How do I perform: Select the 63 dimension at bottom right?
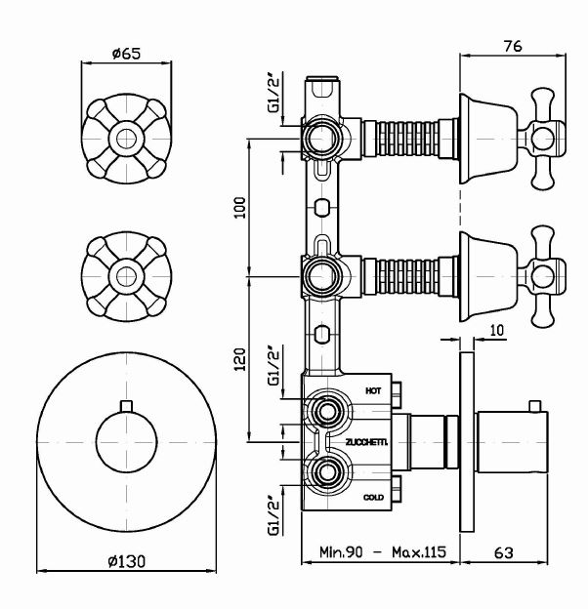click(503, 553)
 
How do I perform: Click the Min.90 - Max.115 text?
click(382, 553)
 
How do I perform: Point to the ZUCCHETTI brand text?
click(366, 442)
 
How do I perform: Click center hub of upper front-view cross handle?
click(124, 137)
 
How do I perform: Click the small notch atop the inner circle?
click(124, 405)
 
